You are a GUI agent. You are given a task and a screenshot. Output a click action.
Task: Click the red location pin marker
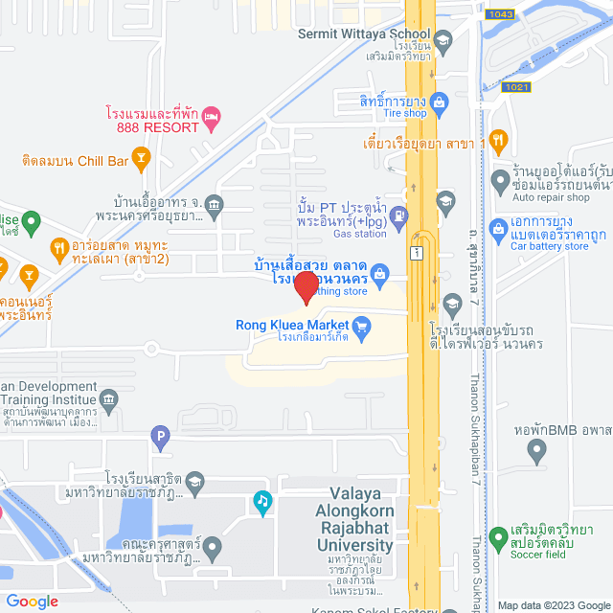point(306,287)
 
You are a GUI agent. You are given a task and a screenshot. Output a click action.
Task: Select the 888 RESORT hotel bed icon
point(213,118)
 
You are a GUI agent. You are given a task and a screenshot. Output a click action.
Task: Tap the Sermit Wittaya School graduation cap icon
point(443,40)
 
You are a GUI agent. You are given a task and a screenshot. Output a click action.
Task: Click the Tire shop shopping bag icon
point(439,101)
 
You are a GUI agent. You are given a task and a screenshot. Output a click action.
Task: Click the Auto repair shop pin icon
point(499,179)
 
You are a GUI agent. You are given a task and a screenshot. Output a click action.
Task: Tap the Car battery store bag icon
point(498,229)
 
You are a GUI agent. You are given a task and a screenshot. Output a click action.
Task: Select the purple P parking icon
point(161,440)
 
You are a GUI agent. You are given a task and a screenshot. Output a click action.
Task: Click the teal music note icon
point(262,500)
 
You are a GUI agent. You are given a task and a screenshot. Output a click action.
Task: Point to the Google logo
point(33,602)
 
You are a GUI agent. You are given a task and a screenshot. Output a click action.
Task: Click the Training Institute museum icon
point(108,397)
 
